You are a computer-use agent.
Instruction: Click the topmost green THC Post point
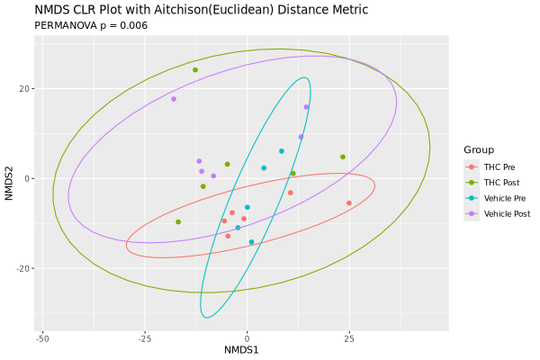(x=195, y=69)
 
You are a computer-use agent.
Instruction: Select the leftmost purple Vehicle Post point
(x=174, y=99)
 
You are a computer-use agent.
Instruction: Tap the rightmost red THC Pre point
(x=349, y=203)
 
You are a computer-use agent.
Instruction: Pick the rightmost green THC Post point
(x=343, y=157)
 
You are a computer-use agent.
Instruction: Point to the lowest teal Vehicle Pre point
(x=251, y=242)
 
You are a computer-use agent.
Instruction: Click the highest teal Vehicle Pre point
(x=282, y=151)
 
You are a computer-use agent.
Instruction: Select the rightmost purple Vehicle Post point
(x=306, y=107)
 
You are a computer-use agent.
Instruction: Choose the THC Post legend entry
(x=499, y=183)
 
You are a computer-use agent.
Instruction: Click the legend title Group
(x=480, y=149)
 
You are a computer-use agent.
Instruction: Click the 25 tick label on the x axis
(x=349, y=338)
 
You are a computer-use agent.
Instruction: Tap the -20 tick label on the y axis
(x=23, y=269)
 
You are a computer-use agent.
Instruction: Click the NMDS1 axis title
(x=241, y=350)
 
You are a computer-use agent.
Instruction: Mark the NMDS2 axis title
(x=9, y=183)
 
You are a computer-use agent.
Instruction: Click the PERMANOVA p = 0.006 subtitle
(x=91, y=26)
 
